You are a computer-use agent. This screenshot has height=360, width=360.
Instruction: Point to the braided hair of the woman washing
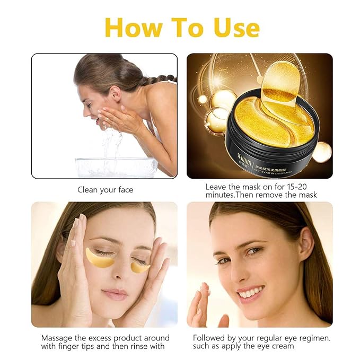pos(159,80)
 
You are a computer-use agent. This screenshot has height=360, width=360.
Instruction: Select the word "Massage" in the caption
pos(59,338)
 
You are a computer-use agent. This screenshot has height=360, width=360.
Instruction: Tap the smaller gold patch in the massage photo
pos(139,267)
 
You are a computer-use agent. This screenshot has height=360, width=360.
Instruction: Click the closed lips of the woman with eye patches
pos(115,294)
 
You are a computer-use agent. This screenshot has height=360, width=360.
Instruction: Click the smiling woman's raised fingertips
pos(204,291)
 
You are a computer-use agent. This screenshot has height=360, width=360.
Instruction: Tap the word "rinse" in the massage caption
pos(135,346)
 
